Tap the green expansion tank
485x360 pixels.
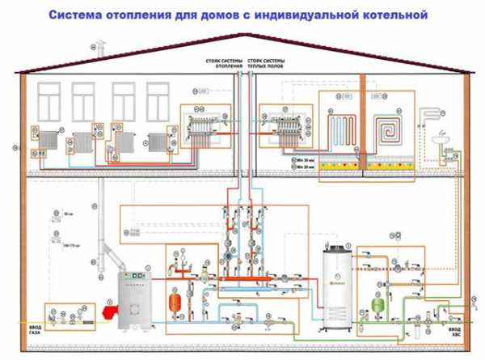pos(377,305)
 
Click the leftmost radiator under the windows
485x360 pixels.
pos(51,142)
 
